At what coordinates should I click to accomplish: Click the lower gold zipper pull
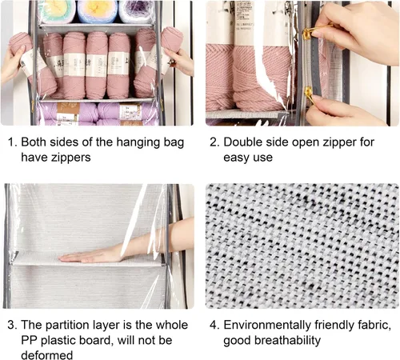[310, 92]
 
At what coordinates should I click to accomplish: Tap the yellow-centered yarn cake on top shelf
[97, 11]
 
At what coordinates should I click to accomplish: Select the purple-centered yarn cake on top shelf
[137, 11]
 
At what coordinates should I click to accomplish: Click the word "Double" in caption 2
[242, 142]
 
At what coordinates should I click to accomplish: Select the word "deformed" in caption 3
[46, 355]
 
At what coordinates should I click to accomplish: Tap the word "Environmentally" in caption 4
[267, 326]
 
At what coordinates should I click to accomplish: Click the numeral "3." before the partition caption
[13, 325]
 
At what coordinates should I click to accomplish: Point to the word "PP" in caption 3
[29, 340]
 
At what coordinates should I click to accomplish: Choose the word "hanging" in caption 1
[138, 142]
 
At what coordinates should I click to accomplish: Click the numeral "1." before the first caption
[13, 142]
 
